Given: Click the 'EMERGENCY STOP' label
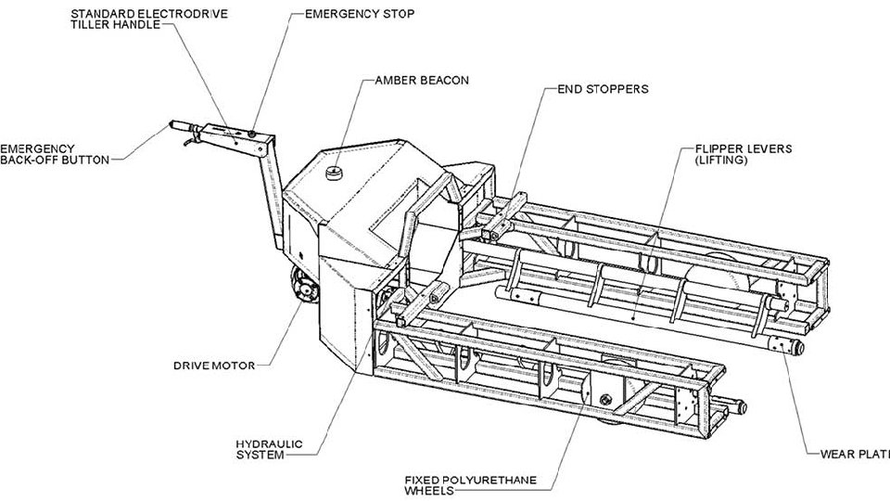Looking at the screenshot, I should click(x=359, y=15).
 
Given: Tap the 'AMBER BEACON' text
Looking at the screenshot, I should click(x=422, y=80).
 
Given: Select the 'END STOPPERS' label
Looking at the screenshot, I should click(x=602, y=90).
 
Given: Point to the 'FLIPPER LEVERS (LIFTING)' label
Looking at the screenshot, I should click(x=738, y=153).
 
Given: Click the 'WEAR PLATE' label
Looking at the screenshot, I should click(x=854, y=455).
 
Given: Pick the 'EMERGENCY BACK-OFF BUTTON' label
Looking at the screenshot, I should click(x=56, y=153).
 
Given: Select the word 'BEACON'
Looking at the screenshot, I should click(x=444, y=80).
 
